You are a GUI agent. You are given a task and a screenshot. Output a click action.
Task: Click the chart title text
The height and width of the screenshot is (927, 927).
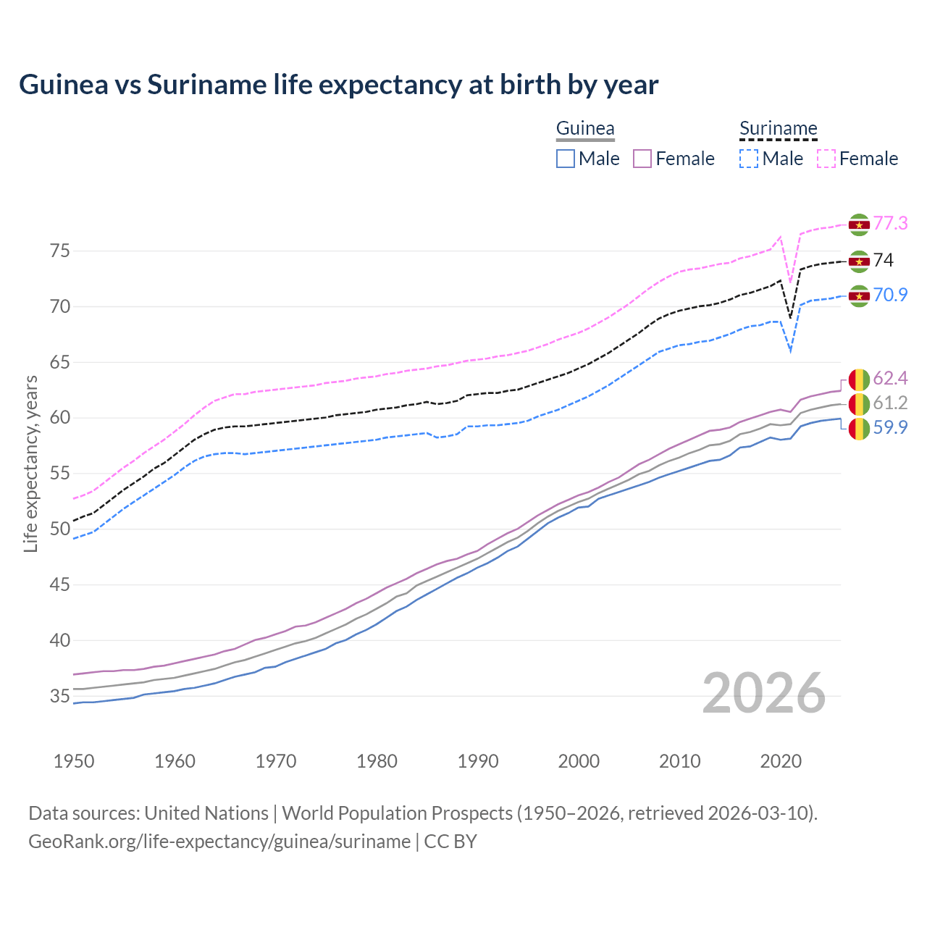pos(338,85)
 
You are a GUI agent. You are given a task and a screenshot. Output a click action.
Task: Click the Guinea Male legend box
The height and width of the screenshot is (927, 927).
pos(566,159)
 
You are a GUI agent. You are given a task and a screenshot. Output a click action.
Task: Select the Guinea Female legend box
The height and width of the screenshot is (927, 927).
pos(642,159)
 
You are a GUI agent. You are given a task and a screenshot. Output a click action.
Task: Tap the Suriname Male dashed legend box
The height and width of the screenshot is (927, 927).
pos(749,159)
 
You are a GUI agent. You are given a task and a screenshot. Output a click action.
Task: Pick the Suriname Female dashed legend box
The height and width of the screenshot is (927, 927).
pos(826,159)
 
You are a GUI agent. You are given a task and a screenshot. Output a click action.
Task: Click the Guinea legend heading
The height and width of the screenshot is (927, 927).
pos(585,129)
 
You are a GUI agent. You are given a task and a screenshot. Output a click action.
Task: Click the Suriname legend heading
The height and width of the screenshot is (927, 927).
pos(778,129)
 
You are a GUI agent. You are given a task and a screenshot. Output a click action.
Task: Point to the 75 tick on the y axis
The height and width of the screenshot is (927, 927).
pos(60,251)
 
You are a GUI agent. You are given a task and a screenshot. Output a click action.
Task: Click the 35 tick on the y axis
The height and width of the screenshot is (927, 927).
pos(60,697)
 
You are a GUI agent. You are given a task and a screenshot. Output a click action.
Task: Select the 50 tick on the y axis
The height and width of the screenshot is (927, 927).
pos(60,529)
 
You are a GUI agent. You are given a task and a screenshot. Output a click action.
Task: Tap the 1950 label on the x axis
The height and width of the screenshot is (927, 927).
pos(74,761)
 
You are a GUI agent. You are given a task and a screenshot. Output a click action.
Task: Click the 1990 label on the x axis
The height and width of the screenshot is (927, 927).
pos(478,761)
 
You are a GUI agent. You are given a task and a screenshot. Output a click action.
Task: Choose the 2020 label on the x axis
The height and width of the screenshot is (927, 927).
pos(781,761)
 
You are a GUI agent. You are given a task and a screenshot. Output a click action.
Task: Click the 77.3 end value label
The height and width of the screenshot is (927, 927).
pos(890,223)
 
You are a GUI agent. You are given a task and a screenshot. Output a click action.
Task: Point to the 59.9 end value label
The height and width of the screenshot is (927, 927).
pos(890,428)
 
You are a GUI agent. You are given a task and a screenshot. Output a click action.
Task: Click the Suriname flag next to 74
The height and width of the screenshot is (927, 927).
pos(859,261)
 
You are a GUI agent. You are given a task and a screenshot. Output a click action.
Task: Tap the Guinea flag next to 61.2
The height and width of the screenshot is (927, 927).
pos(859,403)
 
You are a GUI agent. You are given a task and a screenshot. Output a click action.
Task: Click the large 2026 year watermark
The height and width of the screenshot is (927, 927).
pos(764,694)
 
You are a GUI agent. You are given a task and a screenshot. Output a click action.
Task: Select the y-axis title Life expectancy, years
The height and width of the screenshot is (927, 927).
pos(30,463)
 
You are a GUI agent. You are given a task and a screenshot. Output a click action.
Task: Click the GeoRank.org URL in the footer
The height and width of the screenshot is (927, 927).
pos(219,842)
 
